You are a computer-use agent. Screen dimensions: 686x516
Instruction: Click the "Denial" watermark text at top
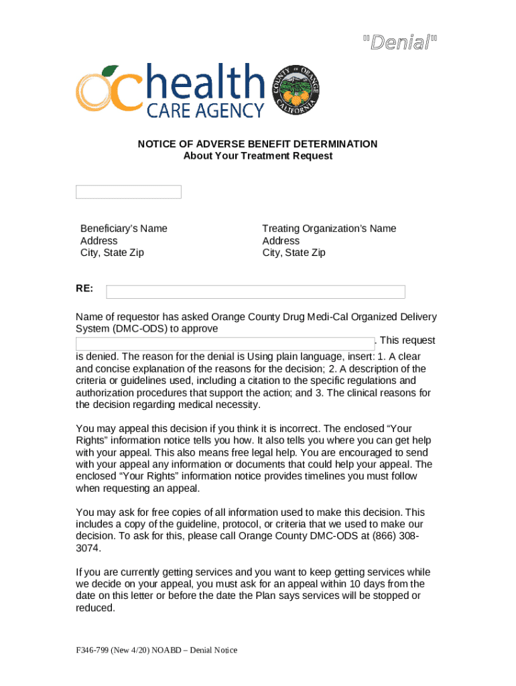[x=399, y=44]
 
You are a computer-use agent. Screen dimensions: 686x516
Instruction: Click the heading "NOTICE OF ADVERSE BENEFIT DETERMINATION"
[x=257, y=144]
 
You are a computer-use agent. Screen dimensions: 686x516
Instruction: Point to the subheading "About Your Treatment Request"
[x=257, y=156]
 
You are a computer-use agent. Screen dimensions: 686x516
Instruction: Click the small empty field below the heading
[x=128, y=192]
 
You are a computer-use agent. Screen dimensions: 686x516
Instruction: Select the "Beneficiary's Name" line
[x=123, y=228]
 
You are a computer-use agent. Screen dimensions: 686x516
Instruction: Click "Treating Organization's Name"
[x=329, y=228]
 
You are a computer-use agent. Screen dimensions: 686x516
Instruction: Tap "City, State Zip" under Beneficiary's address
[x=112, y=253]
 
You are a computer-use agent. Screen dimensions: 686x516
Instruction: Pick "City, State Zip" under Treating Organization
[x=294, y=253]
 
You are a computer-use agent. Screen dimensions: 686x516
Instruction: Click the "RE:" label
[x=84, y=289]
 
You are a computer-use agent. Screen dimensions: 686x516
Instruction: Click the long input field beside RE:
[x=255, y=291]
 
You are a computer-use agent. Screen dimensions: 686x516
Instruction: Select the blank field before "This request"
[x=224, y=342]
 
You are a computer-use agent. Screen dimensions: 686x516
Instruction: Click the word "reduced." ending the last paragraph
[x=95, y=608]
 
